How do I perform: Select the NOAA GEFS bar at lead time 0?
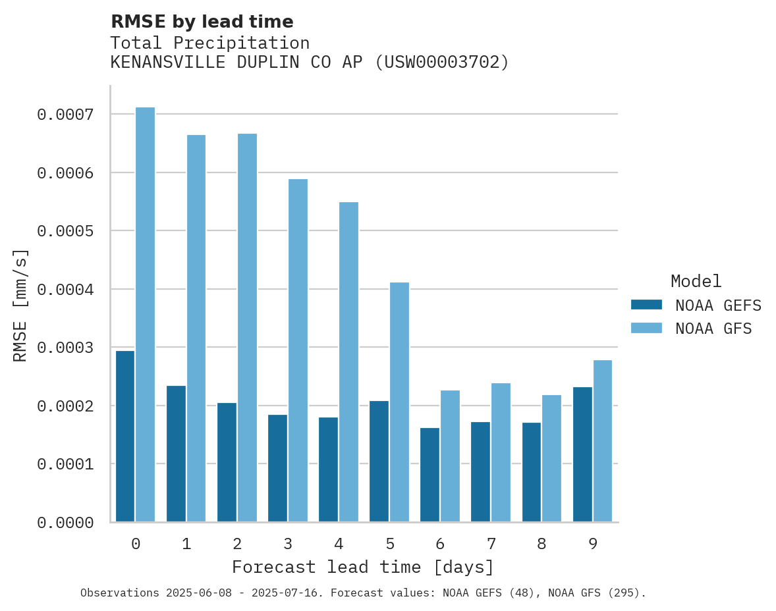[125, 436]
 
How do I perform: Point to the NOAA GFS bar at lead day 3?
[298, 350]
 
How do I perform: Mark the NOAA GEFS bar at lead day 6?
[430, 475]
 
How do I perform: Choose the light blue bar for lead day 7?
[501, 452]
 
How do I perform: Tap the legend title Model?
[696, 281]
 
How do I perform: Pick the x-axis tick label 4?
[339, 544]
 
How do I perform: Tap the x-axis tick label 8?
[541, 544]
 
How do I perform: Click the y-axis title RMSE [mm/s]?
[21, 305]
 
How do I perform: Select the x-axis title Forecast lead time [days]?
[363, 567]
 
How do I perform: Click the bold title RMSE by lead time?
[202, 22]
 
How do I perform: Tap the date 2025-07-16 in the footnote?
[292, 593]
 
